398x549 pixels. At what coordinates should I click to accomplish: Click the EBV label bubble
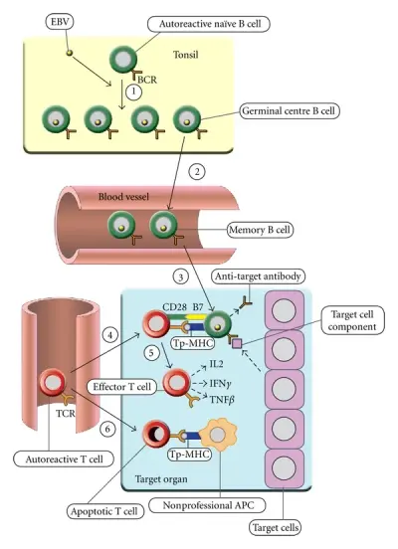pyautogui.click(x=60, y=22)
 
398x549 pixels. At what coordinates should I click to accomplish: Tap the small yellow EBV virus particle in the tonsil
pyautogui.click(x=70, y=53)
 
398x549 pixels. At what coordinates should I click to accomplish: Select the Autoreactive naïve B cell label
pyautogui.click(x=209, y=24)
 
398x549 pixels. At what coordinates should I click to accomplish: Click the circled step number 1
pyautogui.click(x=133, y=92)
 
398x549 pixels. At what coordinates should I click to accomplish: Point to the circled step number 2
pyautogui.click(x=197, y=172)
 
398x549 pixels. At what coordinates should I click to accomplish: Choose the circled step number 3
pyautogui.click(x=181, y=277)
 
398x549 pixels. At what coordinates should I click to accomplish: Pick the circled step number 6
pyautogui.click(x=107, y=429)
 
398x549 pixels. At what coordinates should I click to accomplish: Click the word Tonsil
pyautogui.click(x=185, y=55)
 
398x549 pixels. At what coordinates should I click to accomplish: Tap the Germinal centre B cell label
pyautogui.click(x=290, y=111)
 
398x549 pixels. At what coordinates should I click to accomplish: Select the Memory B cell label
pyautogui.click(x=261, y=230)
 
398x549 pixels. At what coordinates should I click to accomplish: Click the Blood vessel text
pyautogui.click(x=123, y=196)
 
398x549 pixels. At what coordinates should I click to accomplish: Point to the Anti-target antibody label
pyautogui.click(x=259, y=276)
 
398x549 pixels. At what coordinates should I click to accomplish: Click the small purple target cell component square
pyautogui.click(x=237, y=344)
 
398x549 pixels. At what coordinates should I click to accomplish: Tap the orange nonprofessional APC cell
pyautogui.click(x=218, y=436)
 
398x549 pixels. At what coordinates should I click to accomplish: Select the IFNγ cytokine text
pyautogui.click(x=220, y=384)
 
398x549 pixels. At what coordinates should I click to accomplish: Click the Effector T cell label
pyautogui.click(x=121, y=387)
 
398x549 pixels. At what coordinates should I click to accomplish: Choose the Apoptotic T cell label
pyautogui.click(x=104, y=511)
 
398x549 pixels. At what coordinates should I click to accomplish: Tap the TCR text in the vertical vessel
pyautogui.click(x=66, y=414)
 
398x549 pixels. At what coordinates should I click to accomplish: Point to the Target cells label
pyautogui.click(x=276, y=527)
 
